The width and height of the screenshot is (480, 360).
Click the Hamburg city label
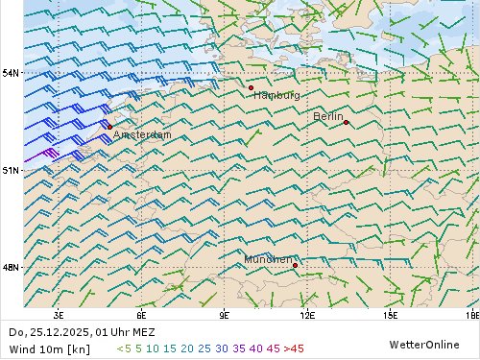pos(276,95)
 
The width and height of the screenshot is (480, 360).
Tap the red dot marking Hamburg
pos(251,87)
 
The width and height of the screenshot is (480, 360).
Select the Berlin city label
pos(328,116)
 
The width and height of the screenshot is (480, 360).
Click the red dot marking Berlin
pos(346,122)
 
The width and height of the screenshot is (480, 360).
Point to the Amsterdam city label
pos(142,135)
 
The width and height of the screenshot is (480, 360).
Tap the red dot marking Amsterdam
pos(109,127)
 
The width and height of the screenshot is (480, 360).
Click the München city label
pos(268,259)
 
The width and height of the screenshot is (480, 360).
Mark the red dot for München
pos(295,265)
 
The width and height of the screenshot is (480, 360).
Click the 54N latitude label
pos(11,73)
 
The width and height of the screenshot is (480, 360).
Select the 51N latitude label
pos(11,170)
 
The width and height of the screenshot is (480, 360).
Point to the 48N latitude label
pos(11,267)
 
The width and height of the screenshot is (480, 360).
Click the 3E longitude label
pos(59,314)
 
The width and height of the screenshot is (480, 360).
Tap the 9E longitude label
pos(225,314)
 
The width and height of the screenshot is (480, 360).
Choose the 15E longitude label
pos(390,314)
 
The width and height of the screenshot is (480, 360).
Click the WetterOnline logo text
pos(423,344)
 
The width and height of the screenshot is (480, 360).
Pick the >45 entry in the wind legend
pos(292,348)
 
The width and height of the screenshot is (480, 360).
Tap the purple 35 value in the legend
pos(239,348)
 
